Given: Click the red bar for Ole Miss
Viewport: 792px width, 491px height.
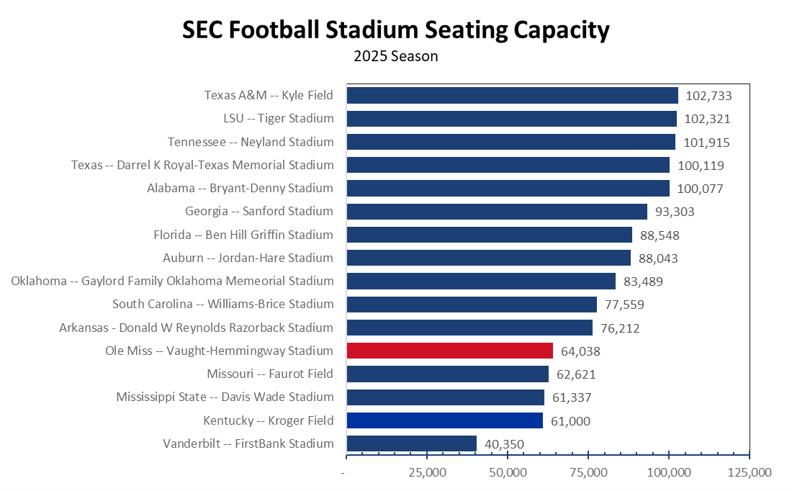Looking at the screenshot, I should coord(449,351).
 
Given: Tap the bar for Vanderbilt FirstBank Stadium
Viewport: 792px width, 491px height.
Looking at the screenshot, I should coord(411,443).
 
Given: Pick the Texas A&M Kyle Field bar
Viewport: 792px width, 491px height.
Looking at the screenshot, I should coord(512,95).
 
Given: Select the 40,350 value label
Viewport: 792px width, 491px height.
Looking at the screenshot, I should coord(504,444).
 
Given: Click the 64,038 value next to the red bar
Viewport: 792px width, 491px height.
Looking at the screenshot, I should coord(580,351).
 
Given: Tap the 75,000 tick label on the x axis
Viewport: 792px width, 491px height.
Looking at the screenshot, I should coord(588,473).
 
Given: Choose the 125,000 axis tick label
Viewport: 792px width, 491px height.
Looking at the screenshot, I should coord(750,473).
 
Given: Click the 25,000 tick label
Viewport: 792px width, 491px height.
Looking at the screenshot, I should coord(427,473).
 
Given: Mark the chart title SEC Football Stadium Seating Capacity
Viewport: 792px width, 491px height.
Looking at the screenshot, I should coord(396,30).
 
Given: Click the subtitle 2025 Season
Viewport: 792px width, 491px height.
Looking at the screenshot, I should coord(396,55).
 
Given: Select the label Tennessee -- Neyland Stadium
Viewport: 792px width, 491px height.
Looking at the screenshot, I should coord(251,142).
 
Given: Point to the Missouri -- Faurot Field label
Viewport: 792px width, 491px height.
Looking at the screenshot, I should coord(270,374).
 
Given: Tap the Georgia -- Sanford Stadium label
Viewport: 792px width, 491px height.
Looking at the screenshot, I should coord(259,211).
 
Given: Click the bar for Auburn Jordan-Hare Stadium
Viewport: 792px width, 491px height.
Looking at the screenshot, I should coord(488,258).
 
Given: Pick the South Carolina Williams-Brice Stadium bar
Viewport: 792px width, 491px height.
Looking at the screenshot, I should coord(472,305).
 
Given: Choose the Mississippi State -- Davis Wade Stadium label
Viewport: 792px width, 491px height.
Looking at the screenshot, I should coord(225,397).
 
